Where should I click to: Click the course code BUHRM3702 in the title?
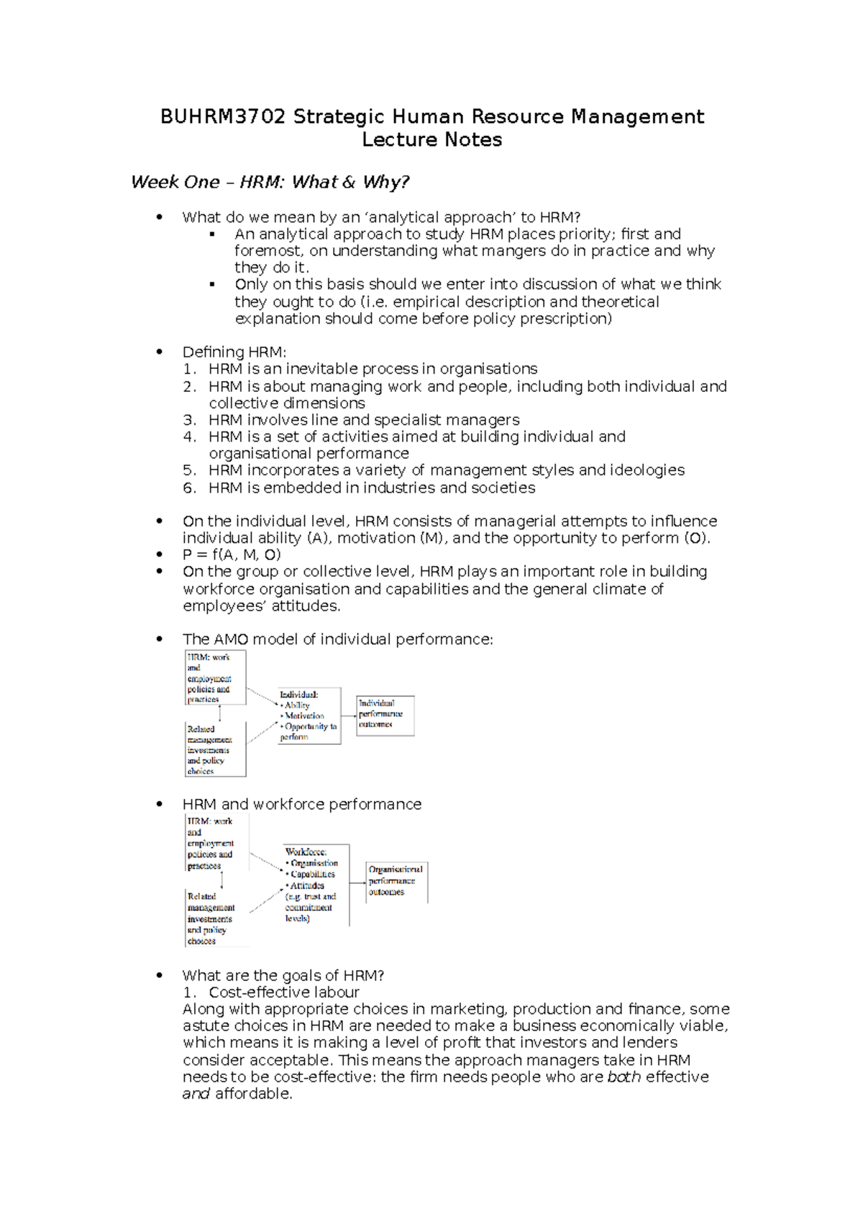click(223, 116)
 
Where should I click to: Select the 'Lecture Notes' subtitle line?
click(431, 140)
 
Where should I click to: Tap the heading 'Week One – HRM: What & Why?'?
click(270, 182)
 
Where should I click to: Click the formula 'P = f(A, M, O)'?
click(232, 554)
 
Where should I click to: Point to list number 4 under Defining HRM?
click(189, 436)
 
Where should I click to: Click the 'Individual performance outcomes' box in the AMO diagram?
click(385, 715)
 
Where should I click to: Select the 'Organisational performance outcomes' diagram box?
click(396, 882)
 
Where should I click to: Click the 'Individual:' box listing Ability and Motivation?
click(309, 716)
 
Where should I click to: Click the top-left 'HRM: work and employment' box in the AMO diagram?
click(215, 677)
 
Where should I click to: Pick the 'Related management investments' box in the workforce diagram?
click(215, 918)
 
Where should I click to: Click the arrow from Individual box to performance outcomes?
click(349, 715)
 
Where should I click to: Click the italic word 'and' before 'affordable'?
click(196, 1094)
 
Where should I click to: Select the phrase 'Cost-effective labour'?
click(284, 992)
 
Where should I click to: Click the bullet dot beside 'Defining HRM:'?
click(160, 352)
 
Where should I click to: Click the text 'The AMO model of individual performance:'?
click(338, 639)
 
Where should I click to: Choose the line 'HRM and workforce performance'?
click(302, 804)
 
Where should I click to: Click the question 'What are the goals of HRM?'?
click(283, 976)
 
